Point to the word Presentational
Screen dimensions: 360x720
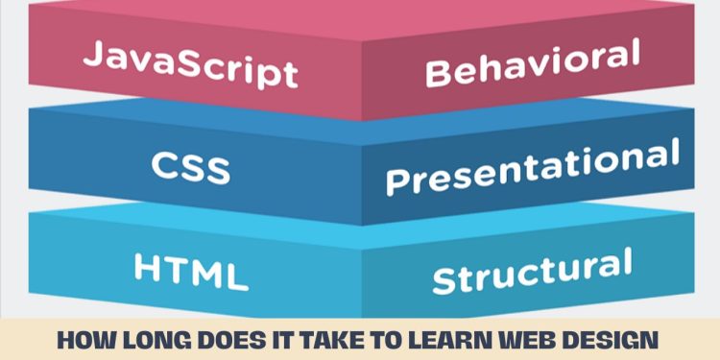(x=532, y=167)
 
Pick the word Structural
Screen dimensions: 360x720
(x=532, y=270)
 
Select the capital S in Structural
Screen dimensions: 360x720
(x=444, y=279)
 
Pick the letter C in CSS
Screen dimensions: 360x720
(x=162, y=168)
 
